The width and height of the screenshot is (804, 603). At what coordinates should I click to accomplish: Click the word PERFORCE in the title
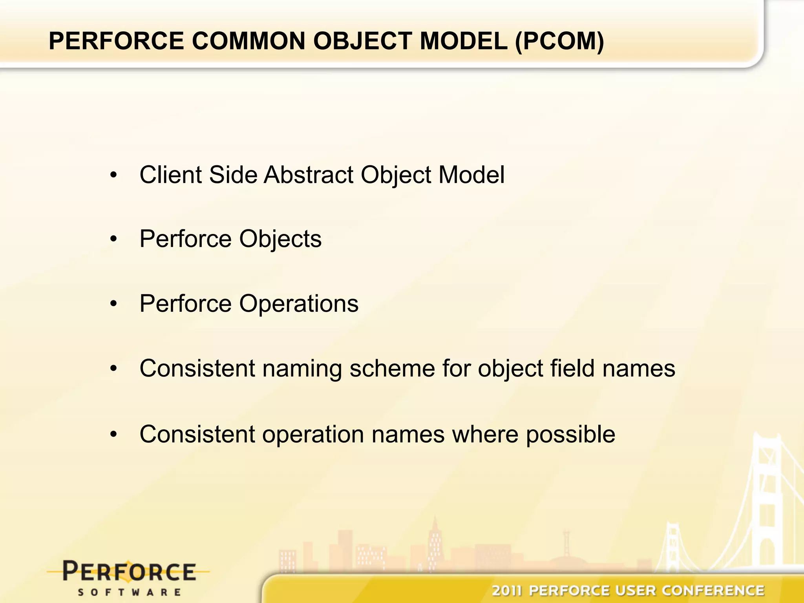[x=116, y=41]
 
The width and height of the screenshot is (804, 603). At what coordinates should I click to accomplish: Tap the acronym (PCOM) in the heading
[x=559, y=41]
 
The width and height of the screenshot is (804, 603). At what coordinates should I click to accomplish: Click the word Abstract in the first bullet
[x=309, y=175]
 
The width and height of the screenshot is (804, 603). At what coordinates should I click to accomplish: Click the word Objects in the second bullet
[x=280, y=239]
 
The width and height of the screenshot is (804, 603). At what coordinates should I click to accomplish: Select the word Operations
[x=299, y=303]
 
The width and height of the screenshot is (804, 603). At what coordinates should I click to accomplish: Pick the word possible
[x=570, y=435]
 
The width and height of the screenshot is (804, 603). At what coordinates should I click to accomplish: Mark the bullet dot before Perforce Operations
[x=114, y=304]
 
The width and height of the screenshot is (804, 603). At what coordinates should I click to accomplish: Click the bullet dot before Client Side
[x=114, y=175]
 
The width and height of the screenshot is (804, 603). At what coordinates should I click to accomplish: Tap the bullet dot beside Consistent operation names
[x=114, y=435]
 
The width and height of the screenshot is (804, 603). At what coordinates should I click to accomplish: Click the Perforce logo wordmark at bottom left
[x=129, y=572]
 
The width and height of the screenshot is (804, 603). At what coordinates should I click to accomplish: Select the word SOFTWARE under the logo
[x=129, y=592]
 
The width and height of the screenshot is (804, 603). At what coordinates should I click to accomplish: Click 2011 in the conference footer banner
[x=507, y=590]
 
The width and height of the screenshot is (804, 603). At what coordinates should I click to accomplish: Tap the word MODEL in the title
[x=463, y=41]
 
